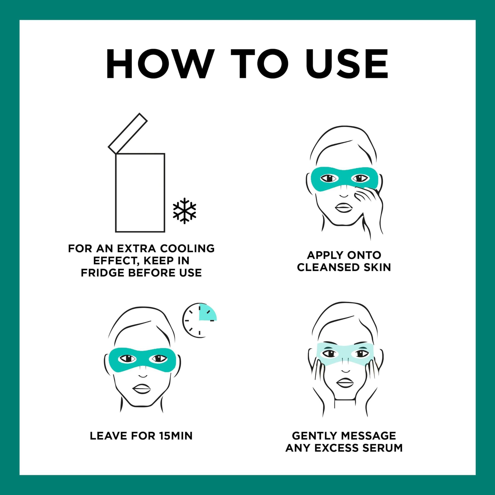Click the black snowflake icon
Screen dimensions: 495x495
184,211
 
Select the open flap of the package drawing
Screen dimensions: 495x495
128,133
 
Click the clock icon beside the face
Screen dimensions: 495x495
199,320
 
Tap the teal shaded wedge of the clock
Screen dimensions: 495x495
207,313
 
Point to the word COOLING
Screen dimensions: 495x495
187,249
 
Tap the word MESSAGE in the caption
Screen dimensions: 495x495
370,435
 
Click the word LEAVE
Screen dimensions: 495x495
109,436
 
